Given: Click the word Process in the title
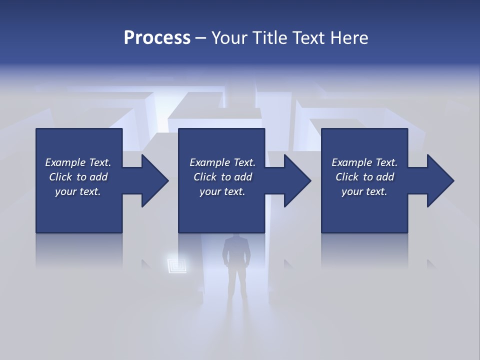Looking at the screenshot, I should point(157,37).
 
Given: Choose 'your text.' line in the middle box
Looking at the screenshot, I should point(222,191).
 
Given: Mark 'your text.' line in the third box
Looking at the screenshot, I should point(364,191).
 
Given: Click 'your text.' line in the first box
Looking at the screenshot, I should point(77,191).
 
